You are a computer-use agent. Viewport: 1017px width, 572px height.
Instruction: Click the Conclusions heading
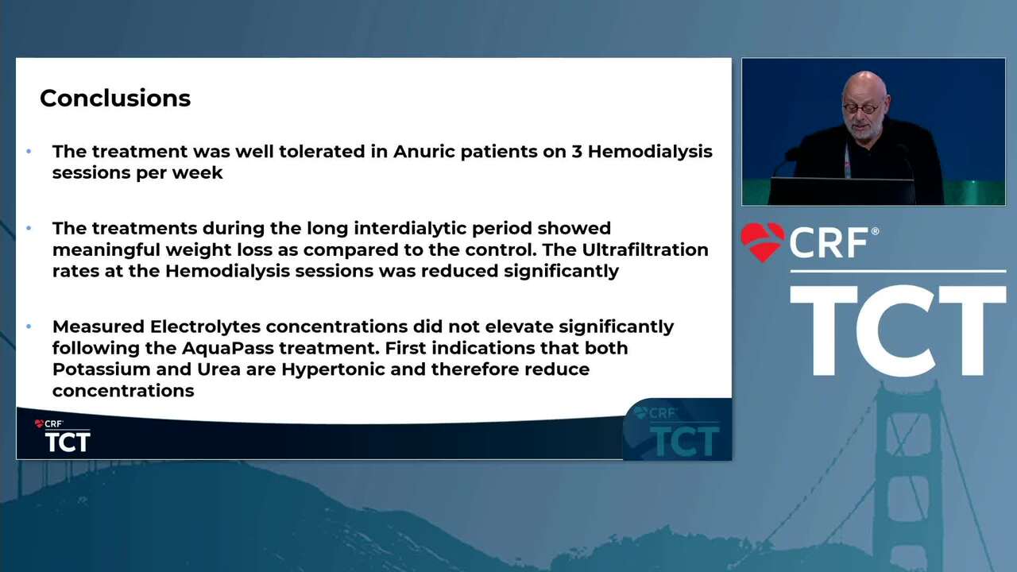tap(115, 98)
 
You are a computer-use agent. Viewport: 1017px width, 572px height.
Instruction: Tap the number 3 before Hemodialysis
tap(577, 151)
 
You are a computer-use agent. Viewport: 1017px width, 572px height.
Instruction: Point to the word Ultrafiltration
tap(645, 249)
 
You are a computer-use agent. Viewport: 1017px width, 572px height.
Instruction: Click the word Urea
tap(218, 369)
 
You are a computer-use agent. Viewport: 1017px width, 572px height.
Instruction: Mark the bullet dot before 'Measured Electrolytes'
tap(29, 327)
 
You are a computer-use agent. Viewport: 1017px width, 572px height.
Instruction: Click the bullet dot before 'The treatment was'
tap(29, 151)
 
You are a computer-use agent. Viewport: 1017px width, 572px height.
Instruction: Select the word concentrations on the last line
tap(123, 391)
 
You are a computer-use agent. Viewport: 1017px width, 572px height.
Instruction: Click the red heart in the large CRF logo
tap(763, 242)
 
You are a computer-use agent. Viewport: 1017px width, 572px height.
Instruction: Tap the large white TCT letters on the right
tap(898, 331)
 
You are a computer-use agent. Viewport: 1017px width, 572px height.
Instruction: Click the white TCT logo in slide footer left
tap(68, 442)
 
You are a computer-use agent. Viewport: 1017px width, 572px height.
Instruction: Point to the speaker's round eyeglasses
tap(860, 109)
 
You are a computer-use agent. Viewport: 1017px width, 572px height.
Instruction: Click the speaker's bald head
tap(865, 87)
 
